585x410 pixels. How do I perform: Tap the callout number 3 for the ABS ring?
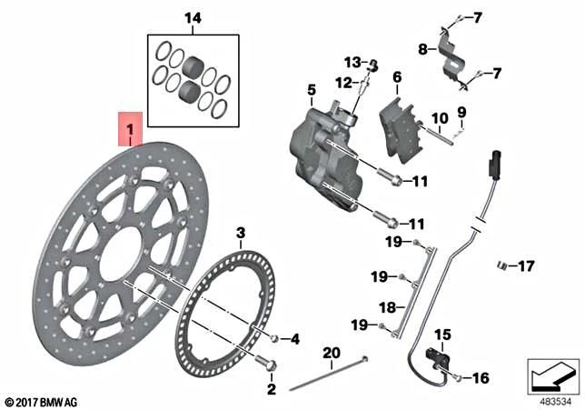240,233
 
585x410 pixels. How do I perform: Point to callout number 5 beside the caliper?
311,90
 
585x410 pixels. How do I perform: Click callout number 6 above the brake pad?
396,78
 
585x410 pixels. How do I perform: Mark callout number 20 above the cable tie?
331,353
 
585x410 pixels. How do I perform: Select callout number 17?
527,266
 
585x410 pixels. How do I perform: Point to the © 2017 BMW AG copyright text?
42,401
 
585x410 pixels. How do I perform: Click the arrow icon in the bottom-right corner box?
552,373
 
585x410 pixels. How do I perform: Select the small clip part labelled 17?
501,265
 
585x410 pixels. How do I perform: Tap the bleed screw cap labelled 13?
372,64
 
